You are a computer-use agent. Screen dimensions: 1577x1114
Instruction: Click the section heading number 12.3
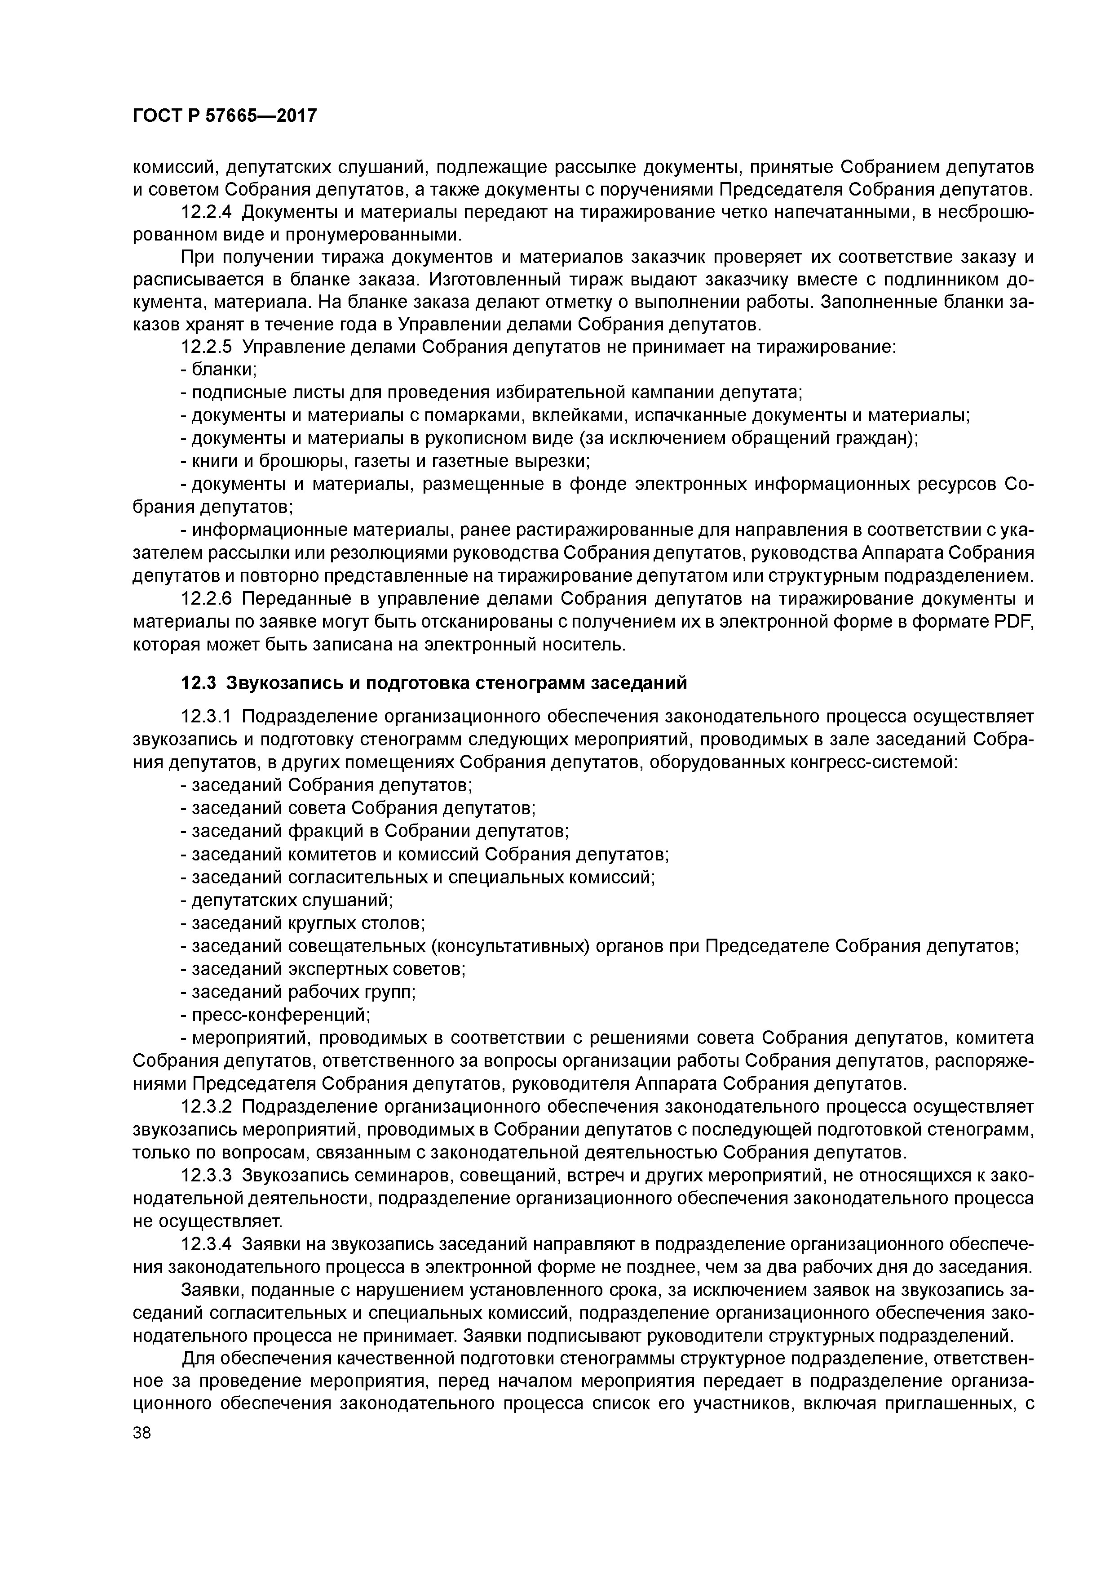pyautogui.click(x=199, y=683)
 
